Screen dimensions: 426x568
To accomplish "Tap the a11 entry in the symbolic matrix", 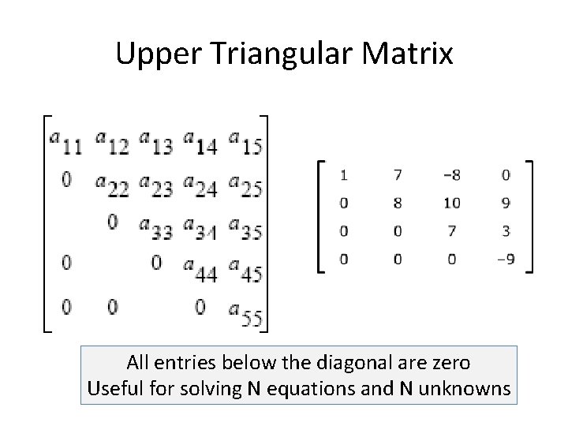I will click(x=65, y=143).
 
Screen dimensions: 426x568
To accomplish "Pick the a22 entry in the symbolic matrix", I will click(x=110, y=185).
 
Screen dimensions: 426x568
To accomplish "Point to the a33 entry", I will click(x=156, y=229).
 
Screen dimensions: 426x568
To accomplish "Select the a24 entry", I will click(x=200, y=185).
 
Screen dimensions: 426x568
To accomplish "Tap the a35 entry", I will click(x=245, y=229).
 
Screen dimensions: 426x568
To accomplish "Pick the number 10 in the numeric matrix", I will click(x=451, y=203).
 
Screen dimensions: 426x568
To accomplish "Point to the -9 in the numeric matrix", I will click(x=505, y=259).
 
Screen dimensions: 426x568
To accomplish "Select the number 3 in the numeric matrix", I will click(x=506, y=231).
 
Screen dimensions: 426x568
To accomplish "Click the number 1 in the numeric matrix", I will click(x=344, y=174).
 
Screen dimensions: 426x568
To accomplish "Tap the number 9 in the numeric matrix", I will click(x=506, y=203).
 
